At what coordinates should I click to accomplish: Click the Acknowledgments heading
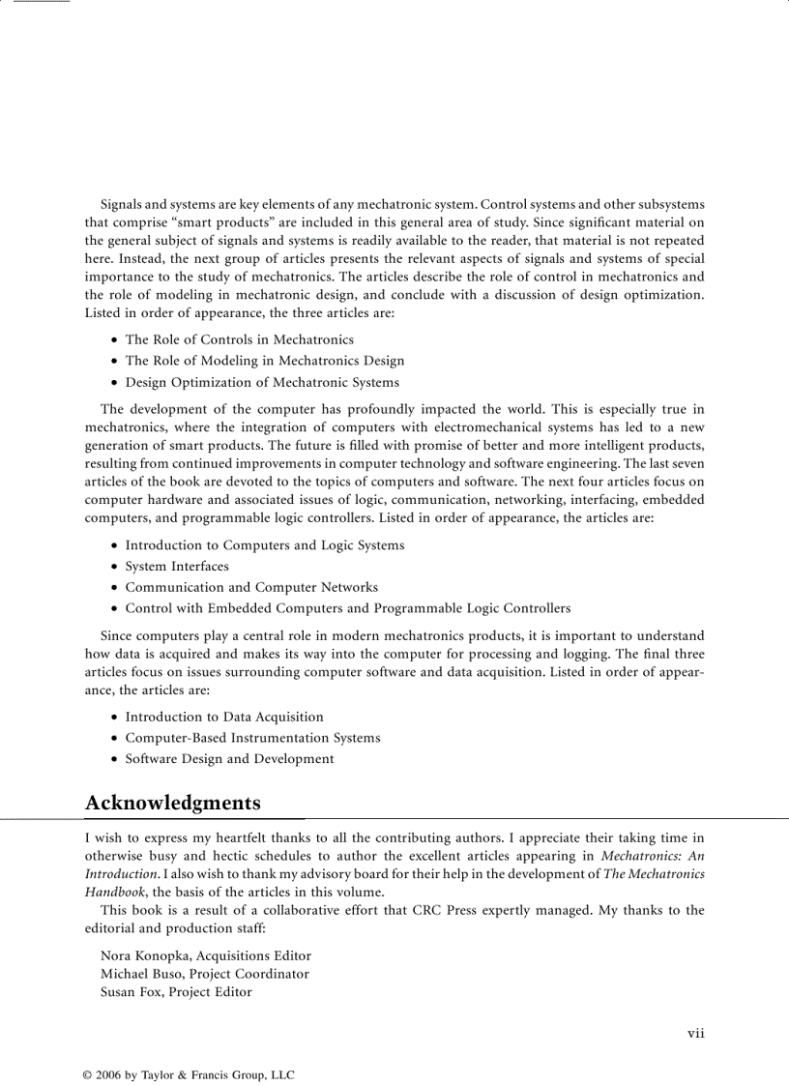pyautogui.click(x=172, y=804)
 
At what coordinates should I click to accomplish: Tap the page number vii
pyautogui.click(x=695, y=1033)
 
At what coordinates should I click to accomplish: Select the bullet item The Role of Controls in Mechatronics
pyautogui.click(x=239, y=339)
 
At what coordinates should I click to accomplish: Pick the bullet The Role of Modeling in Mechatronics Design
pyautogui.click(x=264, y=361)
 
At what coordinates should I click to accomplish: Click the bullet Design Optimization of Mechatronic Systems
pyautogui.click(x=261, y=382)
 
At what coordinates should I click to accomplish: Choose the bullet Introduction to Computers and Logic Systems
pyautogui.click(x=264, y=545)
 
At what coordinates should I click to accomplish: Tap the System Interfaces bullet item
pyautogui.click(x=177, y=567)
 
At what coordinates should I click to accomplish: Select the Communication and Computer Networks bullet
pyautogui.click(x=251, y=587)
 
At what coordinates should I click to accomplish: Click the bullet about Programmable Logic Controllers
pyautogui.click(x=347, y=608)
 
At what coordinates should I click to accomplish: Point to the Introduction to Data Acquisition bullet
pyautogui.click(x=224, y=717)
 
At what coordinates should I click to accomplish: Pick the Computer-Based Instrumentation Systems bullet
pyautogui.click(x=252, y=738)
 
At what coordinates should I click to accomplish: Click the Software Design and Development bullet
pyautogui.click(x=229, y=759)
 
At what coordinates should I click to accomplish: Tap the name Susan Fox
pyautogui.click(x=131, y=992)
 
